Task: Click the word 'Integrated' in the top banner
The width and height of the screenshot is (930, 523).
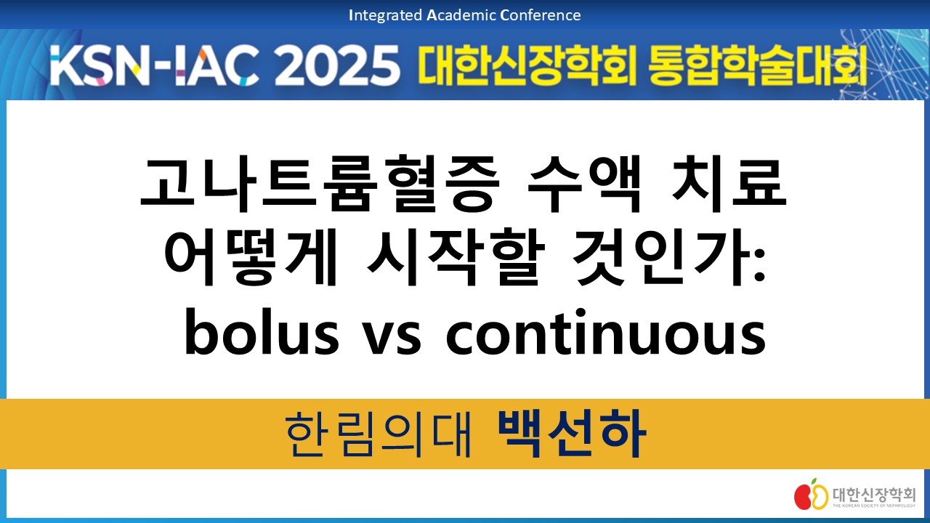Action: pos(385,16)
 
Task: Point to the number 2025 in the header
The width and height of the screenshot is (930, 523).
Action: pos(337,66)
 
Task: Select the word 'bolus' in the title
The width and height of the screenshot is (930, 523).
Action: pos(262,332)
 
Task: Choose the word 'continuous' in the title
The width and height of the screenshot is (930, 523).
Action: pos(606,332)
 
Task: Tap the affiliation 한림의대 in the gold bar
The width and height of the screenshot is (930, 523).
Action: pos(379,434)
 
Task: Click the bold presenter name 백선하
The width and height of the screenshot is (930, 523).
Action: pos(572,434)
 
